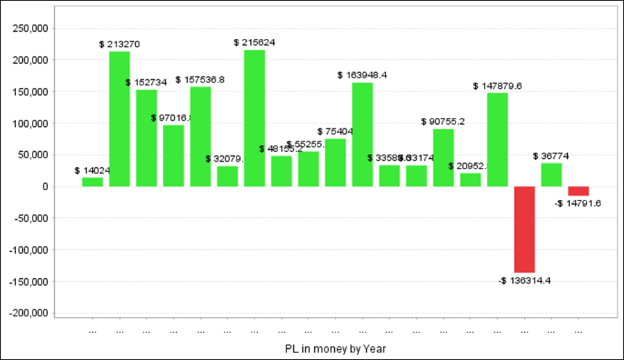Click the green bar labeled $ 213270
tap(119, 119)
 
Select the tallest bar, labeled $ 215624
tap(254, 118)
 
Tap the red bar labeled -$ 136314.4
tap(524, 230)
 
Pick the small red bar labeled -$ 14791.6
tap(578, 191)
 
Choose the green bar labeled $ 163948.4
tap(363, 135)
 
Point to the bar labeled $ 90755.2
tap(444, 157)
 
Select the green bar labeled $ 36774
tap(551, 175)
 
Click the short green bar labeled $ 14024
tap(92, 182)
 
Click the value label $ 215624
tap(254, 42)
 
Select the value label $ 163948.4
tap(362, 75)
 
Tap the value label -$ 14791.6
tap(578, 203)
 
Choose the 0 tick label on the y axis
tap(44, 187)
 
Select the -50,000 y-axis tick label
tap(29, 218)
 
